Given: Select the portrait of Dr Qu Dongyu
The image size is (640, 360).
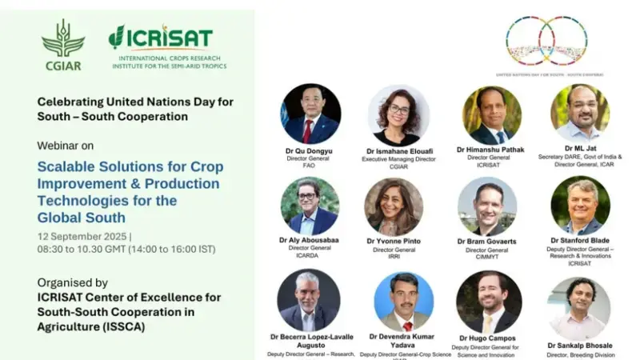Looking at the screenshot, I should [x=310, y=114].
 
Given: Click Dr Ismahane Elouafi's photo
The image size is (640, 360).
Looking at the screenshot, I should [x=398, y=115].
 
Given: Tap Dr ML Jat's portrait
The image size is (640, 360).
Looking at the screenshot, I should [x=579, y=113].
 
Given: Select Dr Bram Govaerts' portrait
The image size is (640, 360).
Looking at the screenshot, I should [x=487, y=206].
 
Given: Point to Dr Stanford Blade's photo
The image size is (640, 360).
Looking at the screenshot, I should [x=580, y=205].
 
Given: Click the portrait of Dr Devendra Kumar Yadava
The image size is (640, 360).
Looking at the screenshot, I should [x=403, y=301].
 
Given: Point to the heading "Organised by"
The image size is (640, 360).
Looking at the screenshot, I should [x=73, y=282].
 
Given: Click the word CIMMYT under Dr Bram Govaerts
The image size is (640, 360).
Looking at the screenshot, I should [x=486, y=258].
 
